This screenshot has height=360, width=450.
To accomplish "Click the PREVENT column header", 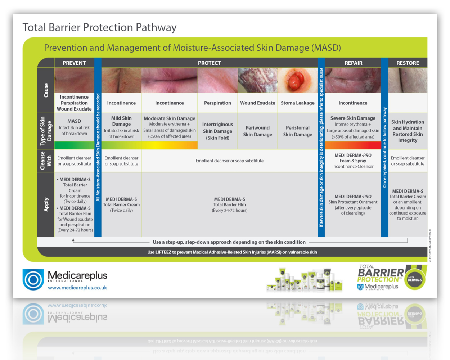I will pyautogui.click(x=74, y=63).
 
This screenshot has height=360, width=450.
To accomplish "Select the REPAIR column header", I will pyautogui.click(x=353, y=63).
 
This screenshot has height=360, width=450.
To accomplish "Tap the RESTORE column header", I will pyautogui.click(x=408, y=63).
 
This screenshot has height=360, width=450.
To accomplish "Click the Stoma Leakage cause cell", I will pyautogui.click(x=297, y=103).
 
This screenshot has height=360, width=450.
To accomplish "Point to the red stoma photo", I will pyautogui.click(x=297, y=80).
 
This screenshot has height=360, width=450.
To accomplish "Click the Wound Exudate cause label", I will pyautogui.click(x=257, y=103).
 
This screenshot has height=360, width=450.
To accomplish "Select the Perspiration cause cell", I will pyautogui.click(x=217, y=103).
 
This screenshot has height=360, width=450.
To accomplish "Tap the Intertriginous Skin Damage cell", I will pyautogui.click(x=217, y=131).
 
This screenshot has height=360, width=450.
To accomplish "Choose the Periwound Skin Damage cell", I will pyautogui.click(x=257, y=131).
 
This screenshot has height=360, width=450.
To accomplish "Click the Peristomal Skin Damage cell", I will pyautogui.click(x=297, y=131).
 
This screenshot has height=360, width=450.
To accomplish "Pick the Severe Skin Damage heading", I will pyautogui.click(x=353, y=118).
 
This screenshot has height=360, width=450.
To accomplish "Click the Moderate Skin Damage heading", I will pyautogui.click(x=170, y=118).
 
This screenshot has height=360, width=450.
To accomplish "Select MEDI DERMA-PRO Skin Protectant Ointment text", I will pyautogui.click(x=353, y=202).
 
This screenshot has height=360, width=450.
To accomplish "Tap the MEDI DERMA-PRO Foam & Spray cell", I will pyautogui.click(x=353, y=161).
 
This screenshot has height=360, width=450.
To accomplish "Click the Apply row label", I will pyautogui.click(x=46, y=204).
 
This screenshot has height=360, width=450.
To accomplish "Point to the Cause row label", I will pyautogui.click(x=46, y=90).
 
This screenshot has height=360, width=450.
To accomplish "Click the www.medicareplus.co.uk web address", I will pyautogui.click(x=77, y=288).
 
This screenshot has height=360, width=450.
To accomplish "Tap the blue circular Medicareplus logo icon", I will pyautogui.click(x=33, y=279).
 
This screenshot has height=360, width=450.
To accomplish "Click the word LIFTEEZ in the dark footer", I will pyautogui.click(x=163, y=252).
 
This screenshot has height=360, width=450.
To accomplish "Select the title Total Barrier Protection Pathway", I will pyautogui.click(x=100, y=27).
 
